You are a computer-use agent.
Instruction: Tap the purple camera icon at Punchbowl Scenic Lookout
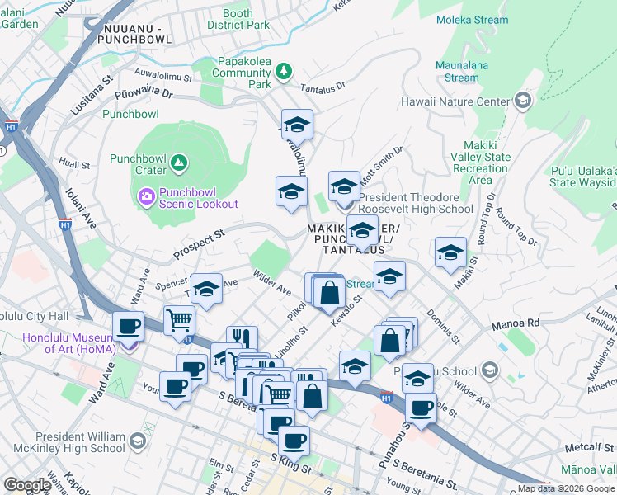[147, 196]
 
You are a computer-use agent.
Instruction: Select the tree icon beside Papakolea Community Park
[284, 72]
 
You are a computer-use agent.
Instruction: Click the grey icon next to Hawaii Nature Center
[521, 101]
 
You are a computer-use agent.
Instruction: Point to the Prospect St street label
[198, 241]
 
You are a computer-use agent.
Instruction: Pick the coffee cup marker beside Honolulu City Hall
[128, 327]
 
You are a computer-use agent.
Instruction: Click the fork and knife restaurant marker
[242, 337]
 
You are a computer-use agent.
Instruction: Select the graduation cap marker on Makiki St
[450, 253]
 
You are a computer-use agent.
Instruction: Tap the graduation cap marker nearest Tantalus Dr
[297, 125]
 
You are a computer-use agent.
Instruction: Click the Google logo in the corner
[27, 485]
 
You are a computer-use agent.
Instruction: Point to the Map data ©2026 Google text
[566, 488]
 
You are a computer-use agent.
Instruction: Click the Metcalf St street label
[587, 446]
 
